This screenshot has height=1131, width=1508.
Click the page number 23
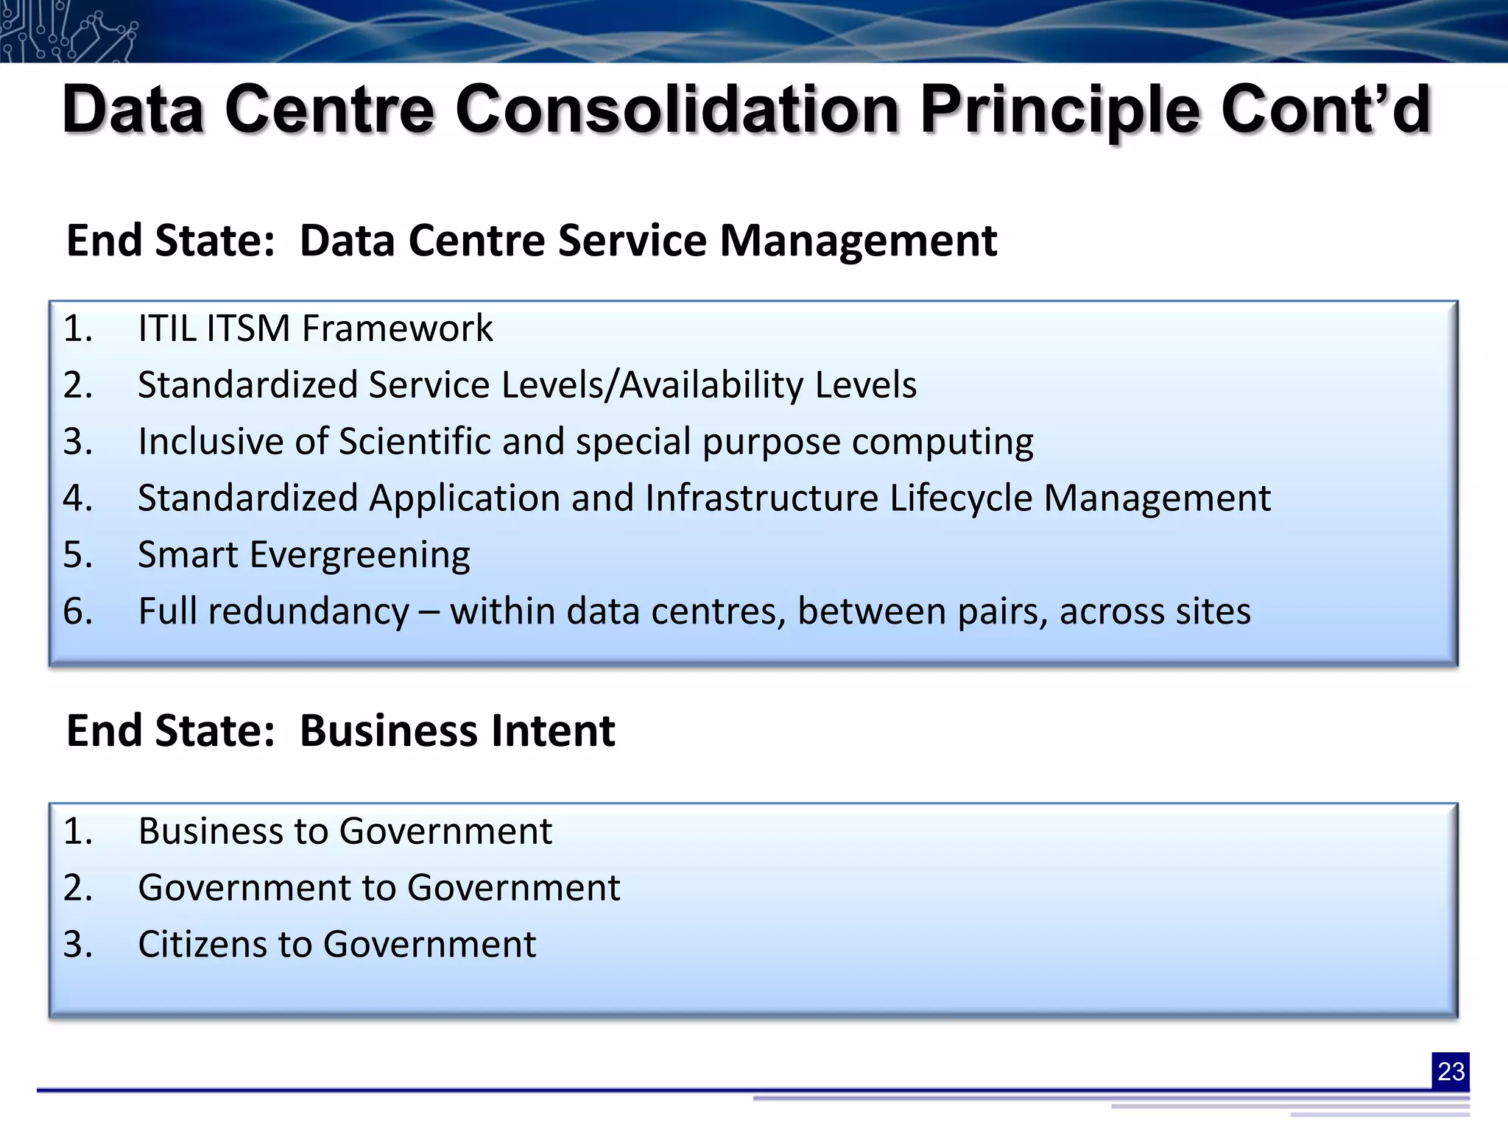coord(1450,1071)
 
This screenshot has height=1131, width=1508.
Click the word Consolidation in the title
coord(677,110)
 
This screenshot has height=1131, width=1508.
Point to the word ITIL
coord(168,328)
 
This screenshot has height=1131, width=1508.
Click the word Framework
coord(398,328)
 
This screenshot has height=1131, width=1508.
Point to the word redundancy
coord(309,612)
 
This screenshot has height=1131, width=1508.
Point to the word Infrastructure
coord(762,498)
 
